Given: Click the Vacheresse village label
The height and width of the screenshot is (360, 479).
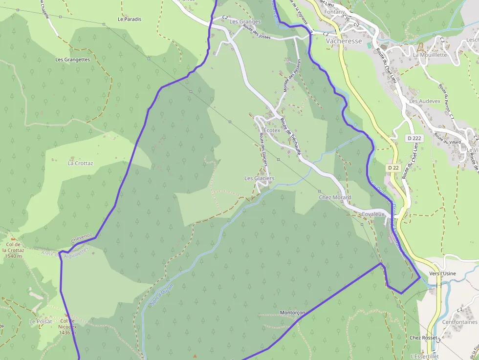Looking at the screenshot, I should [x=344, y=42].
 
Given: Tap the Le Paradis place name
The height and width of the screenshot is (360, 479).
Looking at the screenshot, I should [x=130, y=20].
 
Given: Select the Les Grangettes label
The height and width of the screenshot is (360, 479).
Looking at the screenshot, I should [x=73, y=60].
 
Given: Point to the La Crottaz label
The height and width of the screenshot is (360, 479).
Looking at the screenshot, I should [x=80, y=163].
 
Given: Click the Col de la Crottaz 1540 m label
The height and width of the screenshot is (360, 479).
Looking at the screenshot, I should [x=13, y=250].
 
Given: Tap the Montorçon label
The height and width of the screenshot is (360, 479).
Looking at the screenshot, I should [x=293, y=313].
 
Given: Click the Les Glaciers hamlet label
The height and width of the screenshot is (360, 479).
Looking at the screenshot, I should [x=260, y=179].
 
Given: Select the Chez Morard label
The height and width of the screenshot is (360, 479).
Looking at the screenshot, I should [x=335, y=197].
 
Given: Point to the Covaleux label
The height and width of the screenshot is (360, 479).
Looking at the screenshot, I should [x=374, y=214].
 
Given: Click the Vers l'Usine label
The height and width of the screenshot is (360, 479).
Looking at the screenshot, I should [x=442, y=274].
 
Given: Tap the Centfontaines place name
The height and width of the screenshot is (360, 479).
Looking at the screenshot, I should [x=459, y=322].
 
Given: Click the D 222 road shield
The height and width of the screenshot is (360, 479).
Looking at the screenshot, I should [x=414, y=138].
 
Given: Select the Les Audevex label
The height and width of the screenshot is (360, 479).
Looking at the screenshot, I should [x=425, y=101].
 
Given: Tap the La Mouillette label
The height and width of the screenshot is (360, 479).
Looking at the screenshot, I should [x=430, y=55].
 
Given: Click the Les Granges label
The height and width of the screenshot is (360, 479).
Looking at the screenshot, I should [x=245, y=22].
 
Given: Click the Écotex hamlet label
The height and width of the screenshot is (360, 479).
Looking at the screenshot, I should [x=272, y=130].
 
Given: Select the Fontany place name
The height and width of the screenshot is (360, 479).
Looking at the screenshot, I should [x=334, y=12].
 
